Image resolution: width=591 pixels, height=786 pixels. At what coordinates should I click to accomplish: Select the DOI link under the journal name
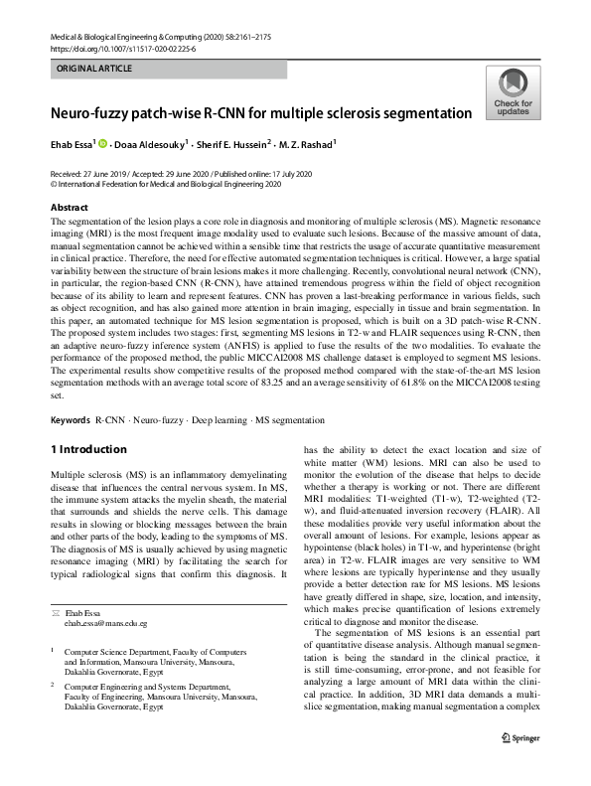pyautogui.click(x=122, y=48)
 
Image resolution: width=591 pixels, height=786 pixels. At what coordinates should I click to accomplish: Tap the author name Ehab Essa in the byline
pyautogui.click(x=71, y=145)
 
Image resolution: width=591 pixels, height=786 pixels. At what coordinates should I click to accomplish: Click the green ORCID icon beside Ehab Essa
pyautogui.click(x=101, y=145)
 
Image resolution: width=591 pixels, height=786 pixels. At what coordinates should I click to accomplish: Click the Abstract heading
pyautogui.click(x=69, y=208)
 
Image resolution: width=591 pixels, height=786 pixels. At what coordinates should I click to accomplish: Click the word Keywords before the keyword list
pyautogui.click(x=70, y=421)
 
